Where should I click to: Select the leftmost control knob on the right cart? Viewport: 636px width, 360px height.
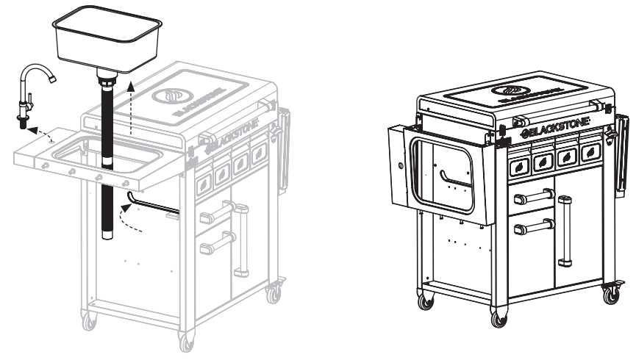(519, 167)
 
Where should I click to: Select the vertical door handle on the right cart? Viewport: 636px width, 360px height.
(564, 230)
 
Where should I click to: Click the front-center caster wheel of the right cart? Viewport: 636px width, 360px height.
(499, 319)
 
